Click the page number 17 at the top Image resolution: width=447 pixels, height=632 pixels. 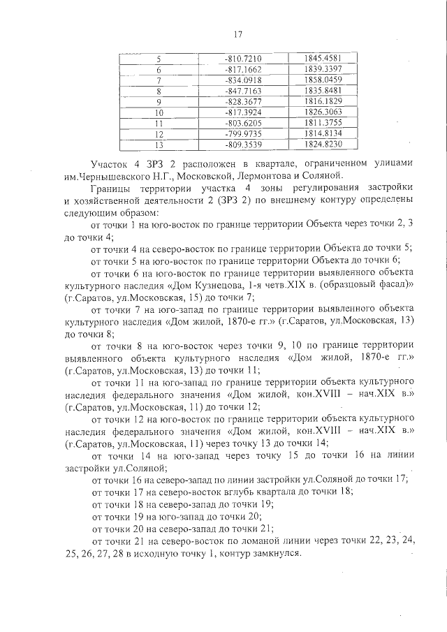237,34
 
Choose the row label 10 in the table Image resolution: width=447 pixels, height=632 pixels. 159,112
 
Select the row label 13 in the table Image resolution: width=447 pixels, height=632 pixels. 159,145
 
